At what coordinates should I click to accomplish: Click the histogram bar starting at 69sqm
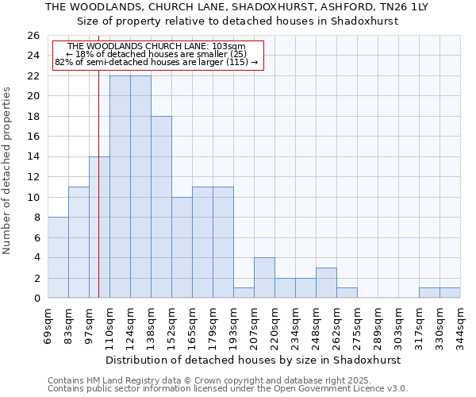58,257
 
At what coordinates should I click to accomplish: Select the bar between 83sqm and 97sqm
79,242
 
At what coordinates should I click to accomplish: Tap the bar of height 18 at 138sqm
161,207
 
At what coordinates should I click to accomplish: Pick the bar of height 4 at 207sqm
264,278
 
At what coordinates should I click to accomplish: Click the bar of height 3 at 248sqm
326,283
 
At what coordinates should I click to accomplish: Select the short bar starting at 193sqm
244,293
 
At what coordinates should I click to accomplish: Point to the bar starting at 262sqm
347,293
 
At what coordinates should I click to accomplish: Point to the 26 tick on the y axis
33,36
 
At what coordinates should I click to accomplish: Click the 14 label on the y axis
33,157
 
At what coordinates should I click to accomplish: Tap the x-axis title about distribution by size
253,360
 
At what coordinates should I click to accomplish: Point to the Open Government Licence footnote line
228,388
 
